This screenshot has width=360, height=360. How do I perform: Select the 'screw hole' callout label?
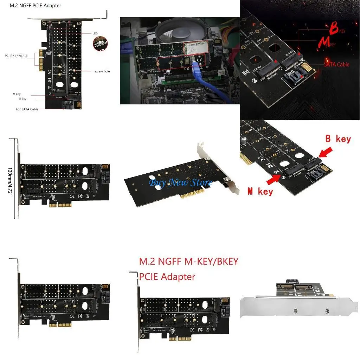tap(102, 71)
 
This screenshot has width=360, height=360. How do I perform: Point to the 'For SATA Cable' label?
tap(27, 109)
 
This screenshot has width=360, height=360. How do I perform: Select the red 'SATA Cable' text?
tap(336, 64)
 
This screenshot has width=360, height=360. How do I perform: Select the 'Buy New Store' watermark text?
tap(180, 182)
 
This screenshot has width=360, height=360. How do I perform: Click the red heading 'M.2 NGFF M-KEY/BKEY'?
tap(189, 262)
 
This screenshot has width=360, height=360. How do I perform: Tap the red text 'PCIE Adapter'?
tap(167, 277)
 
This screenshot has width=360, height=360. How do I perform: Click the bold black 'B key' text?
tap(338, 139)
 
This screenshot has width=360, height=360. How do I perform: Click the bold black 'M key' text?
tap(260, 191)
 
